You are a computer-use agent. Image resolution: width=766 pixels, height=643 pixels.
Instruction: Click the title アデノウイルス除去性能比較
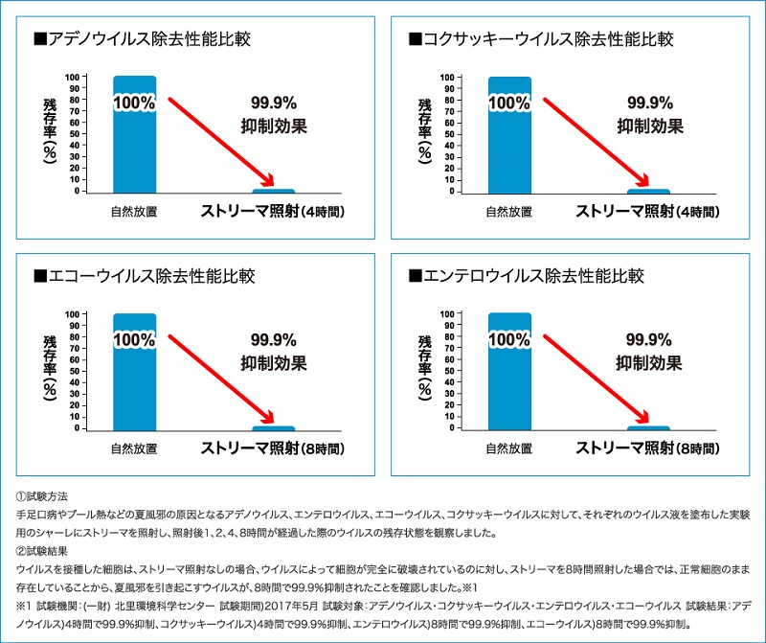click(x=144, y=39)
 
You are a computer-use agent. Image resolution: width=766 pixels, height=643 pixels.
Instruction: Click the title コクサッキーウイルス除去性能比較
click(x=540, y=39)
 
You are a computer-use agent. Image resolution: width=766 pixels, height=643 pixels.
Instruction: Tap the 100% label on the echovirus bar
click(x=134, y=339)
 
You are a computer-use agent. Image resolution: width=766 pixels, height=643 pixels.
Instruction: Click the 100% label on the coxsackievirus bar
click(x=509, y=103)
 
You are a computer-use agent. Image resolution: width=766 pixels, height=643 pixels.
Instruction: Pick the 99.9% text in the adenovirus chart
click(x=274, y=103)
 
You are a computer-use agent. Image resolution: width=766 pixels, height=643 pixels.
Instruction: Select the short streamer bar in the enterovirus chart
click(x=648, y=428)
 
